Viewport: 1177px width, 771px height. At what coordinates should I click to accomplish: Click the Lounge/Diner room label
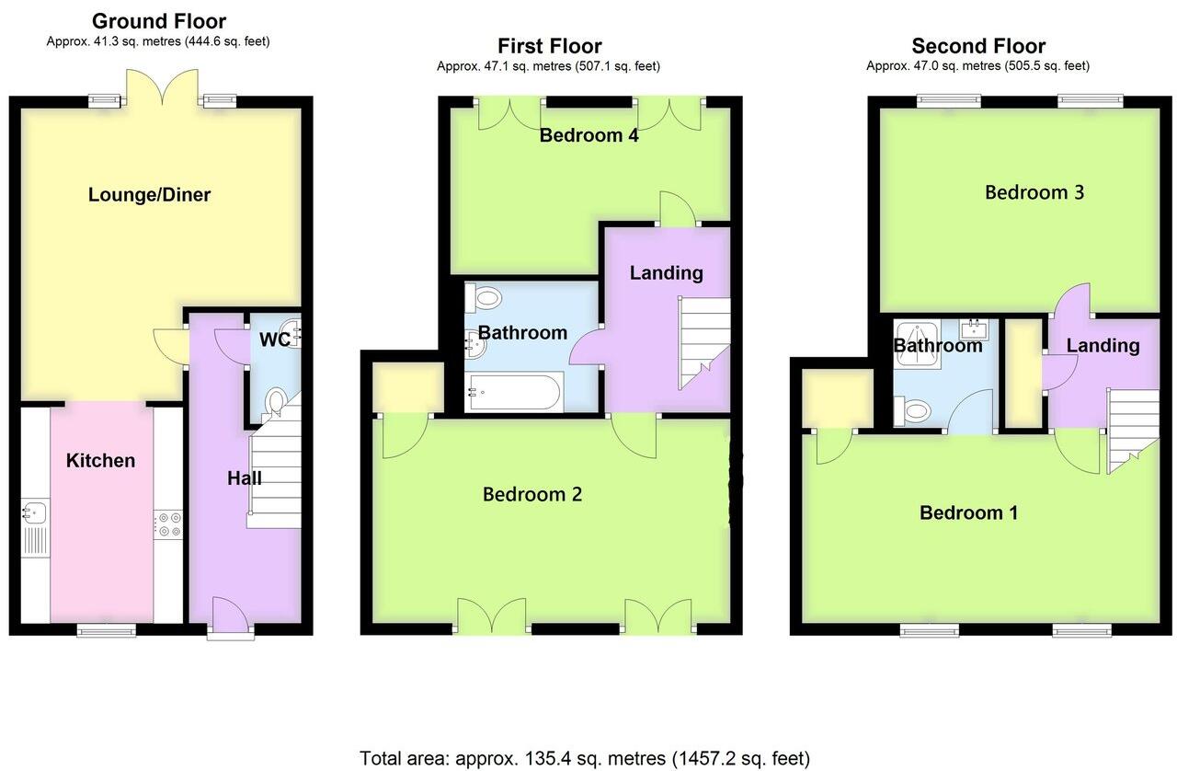pos(149,195)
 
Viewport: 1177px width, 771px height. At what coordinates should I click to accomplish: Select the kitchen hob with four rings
pos(168,523)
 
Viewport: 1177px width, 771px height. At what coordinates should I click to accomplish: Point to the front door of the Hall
pos(225,617)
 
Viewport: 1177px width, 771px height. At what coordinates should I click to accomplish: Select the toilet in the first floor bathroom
pos(485,297)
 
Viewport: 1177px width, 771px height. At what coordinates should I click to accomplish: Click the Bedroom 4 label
pos(588,135)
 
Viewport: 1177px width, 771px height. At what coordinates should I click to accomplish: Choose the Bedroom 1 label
pos(968,512)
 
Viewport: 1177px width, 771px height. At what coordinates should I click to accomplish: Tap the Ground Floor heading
pos(158,21)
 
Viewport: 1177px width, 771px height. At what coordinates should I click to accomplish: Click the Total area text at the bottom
pos(585,758)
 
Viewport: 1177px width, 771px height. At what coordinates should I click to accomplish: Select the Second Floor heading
pos(977,46)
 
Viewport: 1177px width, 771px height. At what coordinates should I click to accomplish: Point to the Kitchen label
pos(100,460)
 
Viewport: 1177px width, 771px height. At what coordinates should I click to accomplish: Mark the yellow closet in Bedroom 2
pos(408,386)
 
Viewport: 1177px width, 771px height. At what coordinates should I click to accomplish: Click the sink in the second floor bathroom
pos(972,328)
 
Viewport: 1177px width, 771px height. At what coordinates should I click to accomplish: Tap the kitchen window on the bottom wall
pos(106,629)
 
